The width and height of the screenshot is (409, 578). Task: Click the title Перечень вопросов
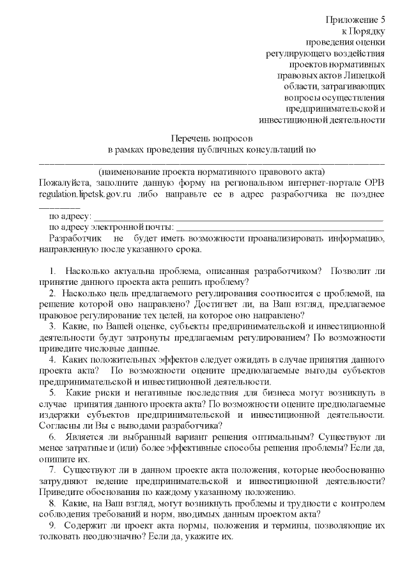(x=213, y=138)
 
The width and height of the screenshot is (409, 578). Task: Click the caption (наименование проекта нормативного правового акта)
(x=212, y=171)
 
